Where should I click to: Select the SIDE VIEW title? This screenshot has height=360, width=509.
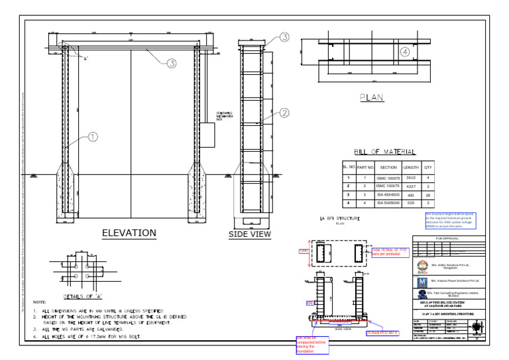click(x=250, y=234)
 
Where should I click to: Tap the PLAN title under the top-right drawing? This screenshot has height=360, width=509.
click(x=371, y=97)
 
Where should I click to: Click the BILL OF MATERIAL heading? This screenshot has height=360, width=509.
click(x=385, y=152)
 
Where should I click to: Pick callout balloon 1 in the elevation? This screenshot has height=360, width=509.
click(x=93, y=137)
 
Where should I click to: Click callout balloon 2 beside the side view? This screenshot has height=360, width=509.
click(x=284, y=113)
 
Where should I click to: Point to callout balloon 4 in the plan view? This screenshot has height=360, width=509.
click(x=404, y=52)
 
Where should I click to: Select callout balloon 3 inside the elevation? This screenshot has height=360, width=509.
click(x=171, y=64)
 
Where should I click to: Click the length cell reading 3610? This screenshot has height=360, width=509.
click(x=410, y=178)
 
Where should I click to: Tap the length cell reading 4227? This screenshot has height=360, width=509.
click(x=410, y=186)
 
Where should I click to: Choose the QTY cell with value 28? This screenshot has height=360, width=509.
click(x=428, y=195)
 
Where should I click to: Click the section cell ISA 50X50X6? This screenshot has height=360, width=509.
click(x=388, y=203)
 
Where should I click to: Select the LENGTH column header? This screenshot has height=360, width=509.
click(x=410, y=168)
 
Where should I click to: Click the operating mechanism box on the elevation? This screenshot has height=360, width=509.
click(x=207, y=135)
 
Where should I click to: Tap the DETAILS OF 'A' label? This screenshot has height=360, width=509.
click(x=81, y=296)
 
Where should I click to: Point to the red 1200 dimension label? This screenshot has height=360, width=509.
click(x=304, y=251)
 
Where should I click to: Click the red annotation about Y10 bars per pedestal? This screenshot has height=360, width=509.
click(x=390, y=252)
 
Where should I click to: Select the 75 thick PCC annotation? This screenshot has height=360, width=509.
click(x=382, y=332)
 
